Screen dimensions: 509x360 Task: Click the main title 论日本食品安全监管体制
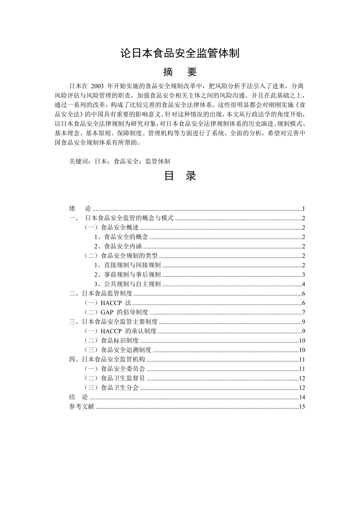[180, 53]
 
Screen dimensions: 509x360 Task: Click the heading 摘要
[180, 72]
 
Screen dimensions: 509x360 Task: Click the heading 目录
[180, 176]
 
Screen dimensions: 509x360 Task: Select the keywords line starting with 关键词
[119, 161]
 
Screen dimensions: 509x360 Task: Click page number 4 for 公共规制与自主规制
[303, 284]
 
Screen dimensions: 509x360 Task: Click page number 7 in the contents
[303, 312]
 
